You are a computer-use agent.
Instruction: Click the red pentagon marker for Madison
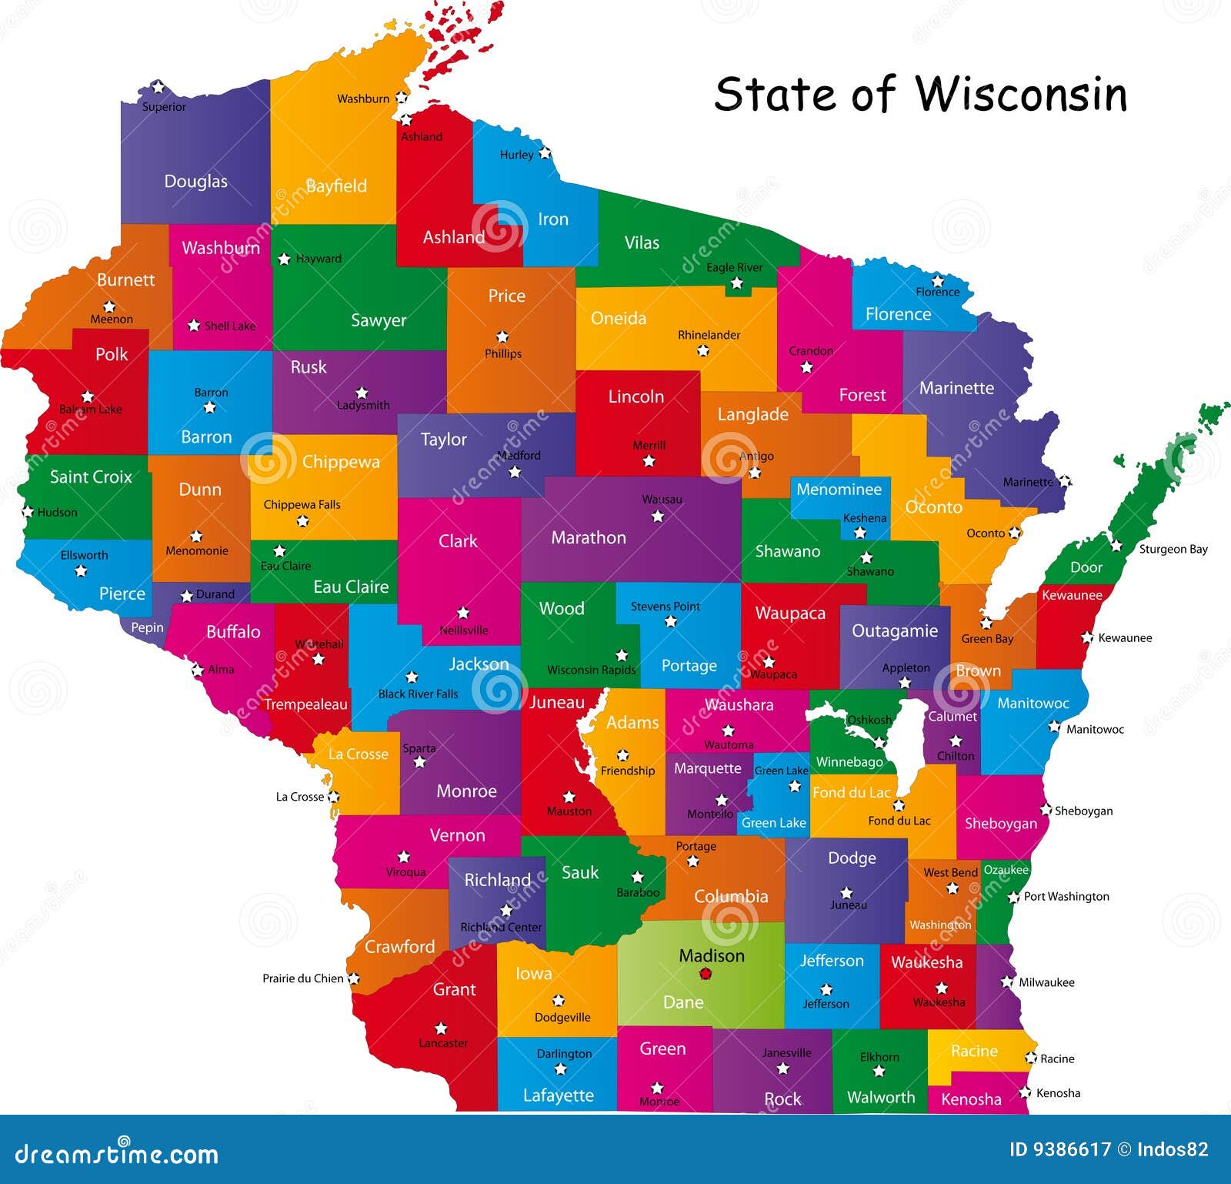click(706, 974)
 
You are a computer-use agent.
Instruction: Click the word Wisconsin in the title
click(1021, 95)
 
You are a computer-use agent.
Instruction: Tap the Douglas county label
click(195, 182)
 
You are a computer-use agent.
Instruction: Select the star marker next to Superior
click(158, 87)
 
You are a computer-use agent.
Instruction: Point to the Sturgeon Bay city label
click(1173, 549)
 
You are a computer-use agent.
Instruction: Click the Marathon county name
click(589, 537)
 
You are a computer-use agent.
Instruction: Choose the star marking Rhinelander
click(702, 351)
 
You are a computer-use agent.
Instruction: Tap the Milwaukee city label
click(1046, 982)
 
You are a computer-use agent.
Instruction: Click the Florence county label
click(898, 314)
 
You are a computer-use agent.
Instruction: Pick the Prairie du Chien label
click(302, 978)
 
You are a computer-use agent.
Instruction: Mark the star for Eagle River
click(736, 283)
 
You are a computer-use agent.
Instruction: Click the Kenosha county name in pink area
click(971, 1099)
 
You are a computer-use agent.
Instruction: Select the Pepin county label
click(147, 627)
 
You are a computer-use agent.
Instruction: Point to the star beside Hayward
click(284, 259)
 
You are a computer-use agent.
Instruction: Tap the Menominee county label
click(839, 489)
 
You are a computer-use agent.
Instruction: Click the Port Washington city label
click(1066, 896)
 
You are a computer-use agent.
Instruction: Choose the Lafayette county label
click(558, 1095)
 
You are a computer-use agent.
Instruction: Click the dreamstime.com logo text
click(117, 1155)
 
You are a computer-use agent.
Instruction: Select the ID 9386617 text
click(1059, 1150)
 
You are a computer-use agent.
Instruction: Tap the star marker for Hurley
click(545, 153)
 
